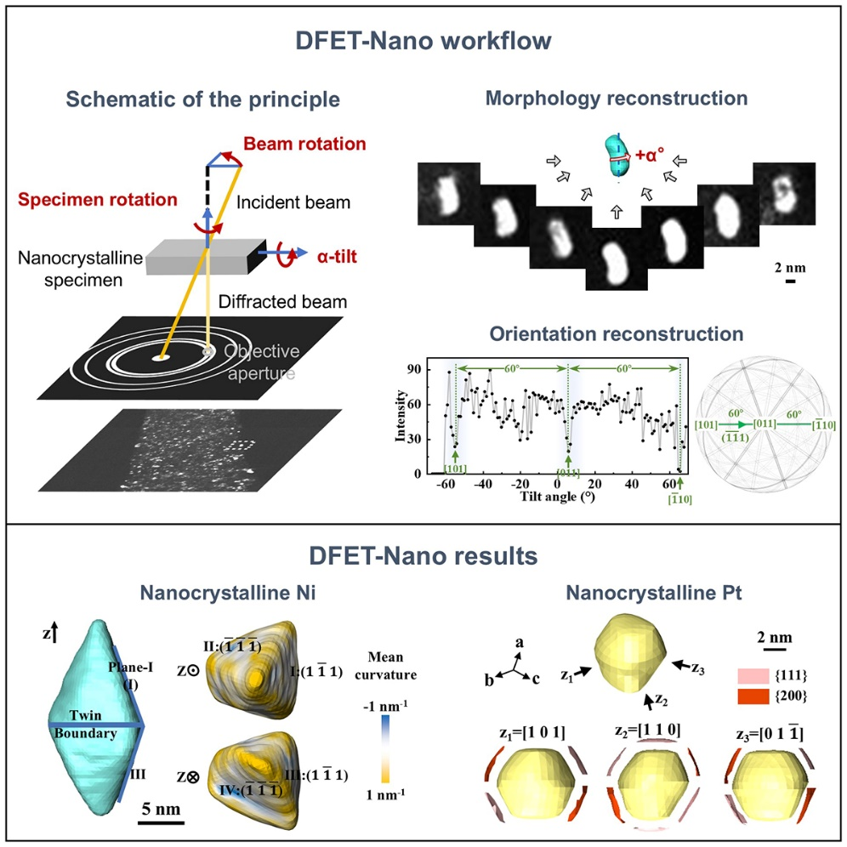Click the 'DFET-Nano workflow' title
(423, 41)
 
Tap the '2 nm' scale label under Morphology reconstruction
(790, 268)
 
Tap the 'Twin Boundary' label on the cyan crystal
(82, 725)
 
